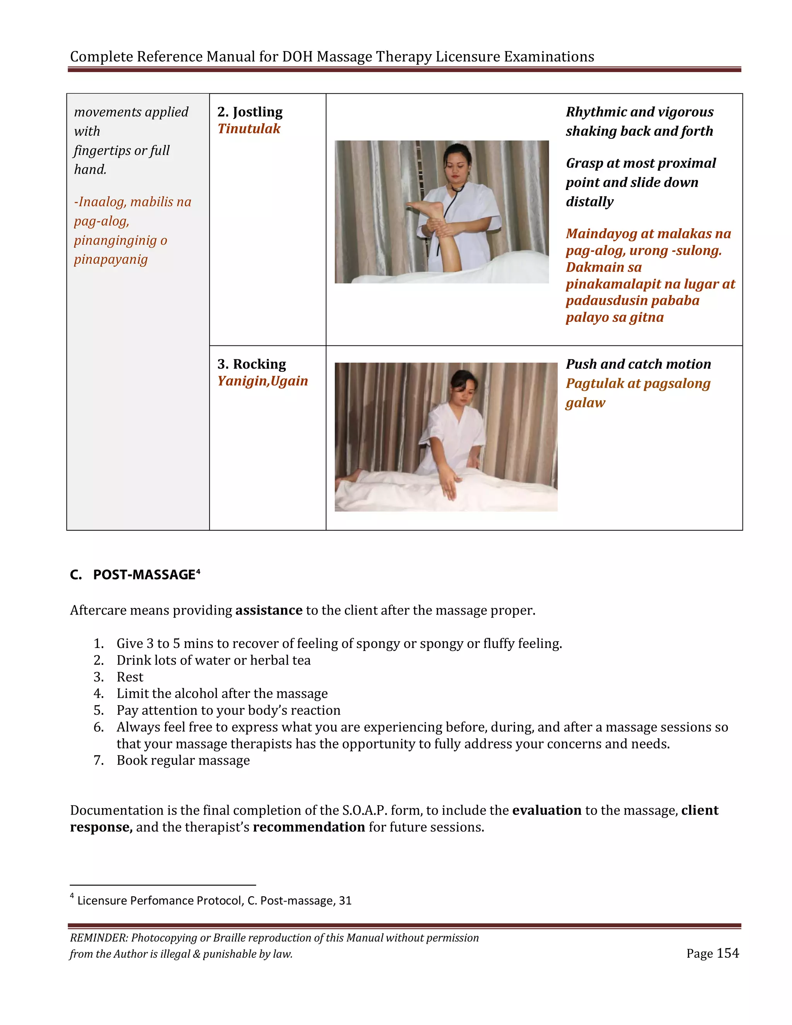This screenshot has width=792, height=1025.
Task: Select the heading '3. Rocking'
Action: (x=251, y=364)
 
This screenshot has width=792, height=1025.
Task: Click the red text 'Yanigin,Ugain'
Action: (x=262, y=381)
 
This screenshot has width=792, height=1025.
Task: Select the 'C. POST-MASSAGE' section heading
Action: (x=135, y=575)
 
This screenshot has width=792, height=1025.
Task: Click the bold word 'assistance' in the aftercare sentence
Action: (x=268, y=611)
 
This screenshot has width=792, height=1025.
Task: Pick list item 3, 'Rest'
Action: (x=130, y=677)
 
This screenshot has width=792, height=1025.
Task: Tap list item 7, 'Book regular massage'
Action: (x=183, y=760)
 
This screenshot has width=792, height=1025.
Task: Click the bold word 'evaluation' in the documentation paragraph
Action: (x=546, y=810)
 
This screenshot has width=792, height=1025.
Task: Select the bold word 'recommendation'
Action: (x=309, y=827)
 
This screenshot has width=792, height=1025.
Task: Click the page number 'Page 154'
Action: (x=712, y=954)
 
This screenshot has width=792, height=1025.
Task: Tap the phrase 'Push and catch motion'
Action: (x=638, y=364)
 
